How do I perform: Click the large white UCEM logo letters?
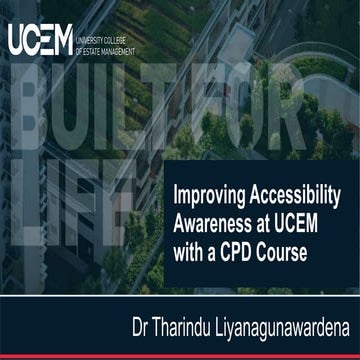click(39, 41)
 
